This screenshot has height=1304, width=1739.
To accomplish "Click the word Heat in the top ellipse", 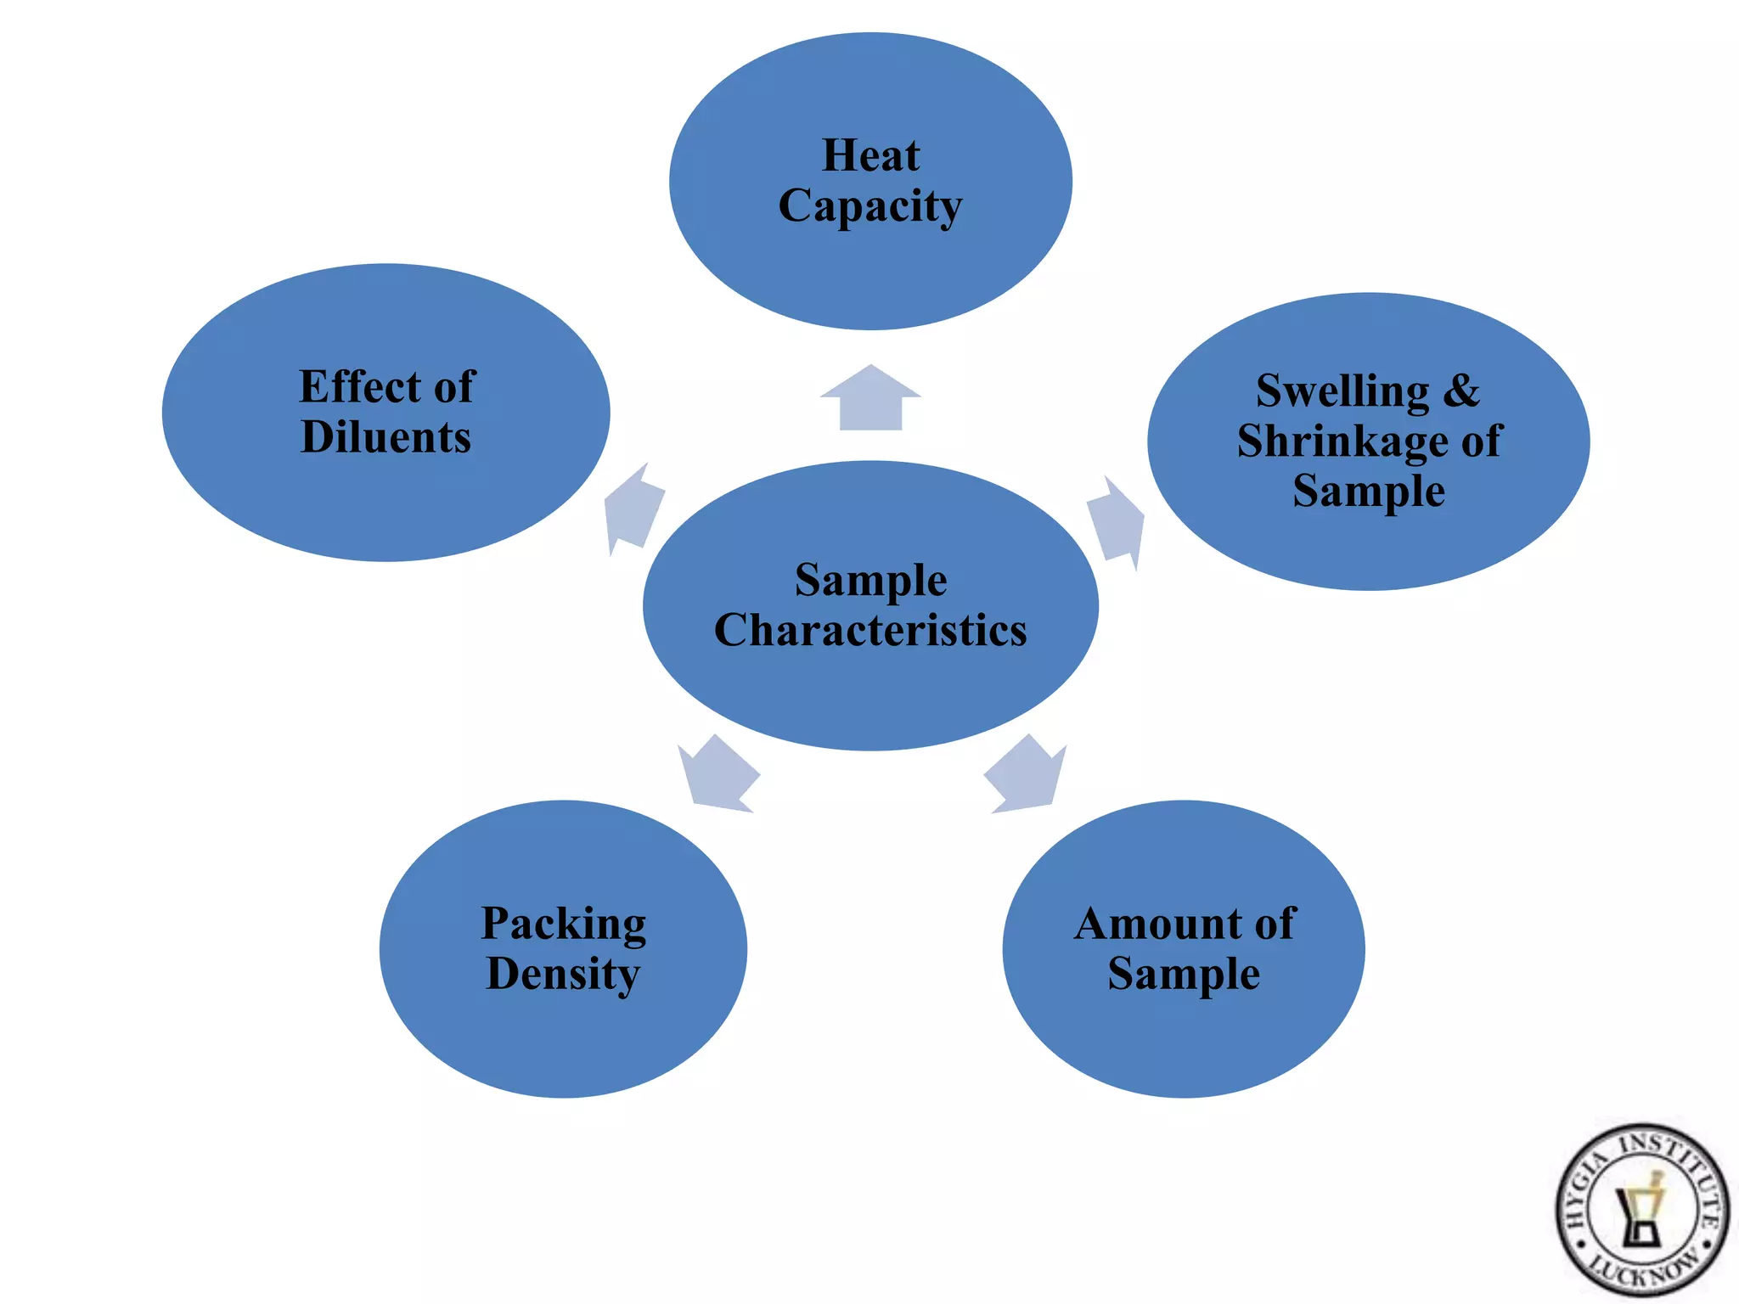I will pos(870,156).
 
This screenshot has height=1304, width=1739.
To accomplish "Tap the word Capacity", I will pos(870,206).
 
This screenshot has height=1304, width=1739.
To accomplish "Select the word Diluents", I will pos(386,437).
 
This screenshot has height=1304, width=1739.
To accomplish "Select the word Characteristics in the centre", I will pos(870,631).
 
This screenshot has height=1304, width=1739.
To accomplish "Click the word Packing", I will pos(564,925).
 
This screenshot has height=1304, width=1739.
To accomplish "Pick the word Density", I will pos(563,975).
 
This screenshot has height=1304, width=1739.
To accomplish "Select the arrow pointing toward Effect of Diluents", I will pos(632,509).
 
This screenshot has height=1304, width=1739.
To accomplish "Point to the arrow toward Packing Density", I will pos(718,775).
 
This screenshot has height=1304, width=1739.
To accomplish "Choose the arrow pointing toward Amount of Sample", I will pos(1026,775).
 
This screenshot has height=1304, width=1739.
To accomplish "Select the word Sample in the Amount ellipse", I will pos(1184,975).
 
